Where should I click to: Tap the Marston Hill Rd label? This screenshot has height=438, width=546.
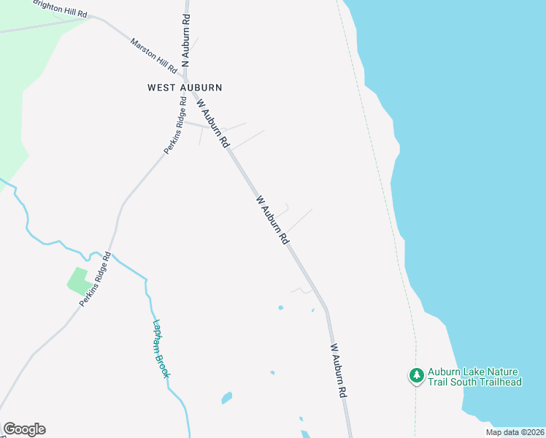pyautogui.click(x=153, y=55)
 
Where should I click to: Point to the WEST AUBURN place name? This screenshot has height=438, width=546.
pyautogui.click(x=185, y=88)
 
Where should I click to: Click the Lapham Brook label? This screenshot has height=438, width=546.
pyautogui.click(x=161, y=349)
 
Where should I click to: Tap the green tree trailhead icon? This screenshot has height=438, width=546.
pyautogui.click(x=416, y=375)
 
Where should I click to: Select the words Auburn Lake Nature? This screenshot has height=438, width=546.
pyautogui.click(x=473, y=371)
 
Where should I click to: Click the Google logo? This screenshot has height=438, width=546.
pyautogui.click(x=24, y=429)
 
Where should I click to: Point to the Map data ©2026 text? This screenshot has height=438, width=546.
pyautogui.click(x=515, y=432)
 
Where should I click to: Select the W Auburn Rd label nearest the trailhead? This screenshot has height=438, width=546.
pyautogui.click(x=338, y=370)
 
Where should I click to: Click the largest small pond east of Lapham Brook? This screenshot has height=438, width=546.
pyautogui.click(x=226, y=399)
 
